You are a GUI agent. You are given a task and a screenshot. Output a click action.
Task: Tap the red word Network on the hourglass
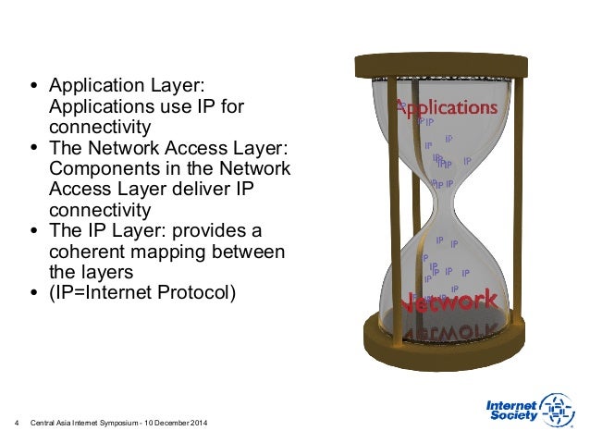click(x=448, y=301)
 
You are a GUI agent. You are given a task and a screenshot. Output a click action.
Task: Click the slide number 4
click(x=18, y=424)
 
